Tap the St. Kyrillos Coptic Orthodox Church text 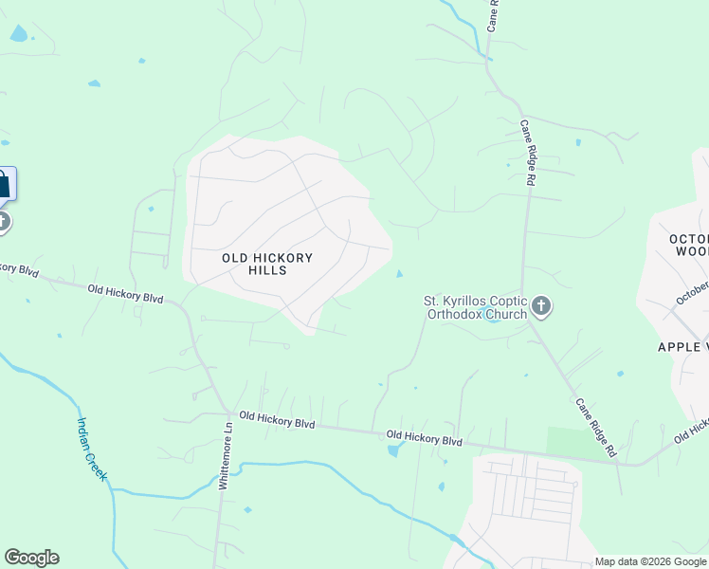(474, 308)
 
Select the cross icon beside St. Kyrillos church (541, 305)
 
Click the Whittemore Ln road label (226, 456)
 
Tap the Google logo (31, 558)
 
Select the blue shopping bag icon (4, 183)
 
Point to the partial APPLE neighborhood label (682, 347)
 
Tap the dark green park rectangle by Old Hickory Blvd (574, 442)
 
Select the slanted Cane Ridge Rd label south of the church (595, 429)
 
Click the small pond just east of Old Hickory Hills (399, 275)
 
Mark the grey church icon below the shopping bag (3, 223)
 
